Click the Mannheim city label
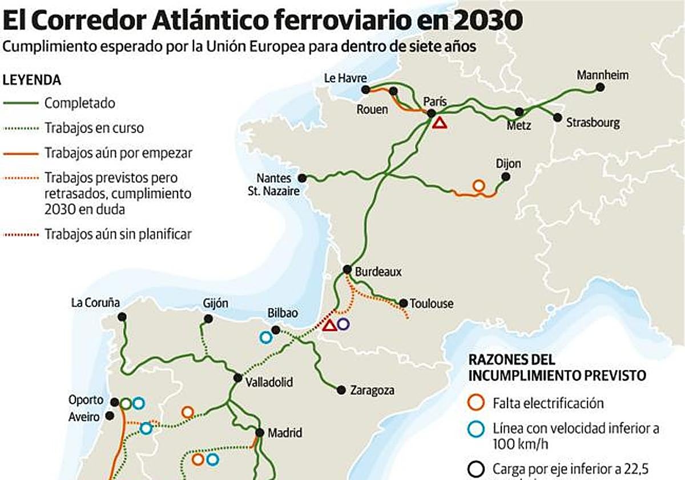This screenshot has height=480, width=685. tap(602, 75)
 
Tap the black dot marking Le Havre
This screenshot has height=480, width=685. tap(365, 90)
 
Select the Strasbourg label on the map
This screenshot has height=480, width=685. tap(593, 123)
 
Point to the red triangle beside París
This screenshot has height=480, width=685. tap(439, 122)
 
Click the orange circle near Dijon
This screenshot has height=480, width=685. tap(478, 186)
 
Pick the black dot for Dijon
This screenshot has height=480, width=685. tap(505, 176)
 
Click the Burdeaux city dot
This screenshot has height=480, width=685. tap(347, 269)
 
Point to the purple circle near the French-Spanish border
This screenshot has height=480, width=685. tap(342, 324)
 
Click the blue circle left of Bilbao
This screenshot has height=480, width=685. tap(265, 337)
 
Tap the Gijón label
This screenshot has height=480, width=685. tap(215, 304)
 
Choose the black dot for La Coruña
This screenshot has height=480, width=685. tap(122, 317)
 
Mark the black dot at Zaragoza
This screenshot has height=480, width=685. tap(341, 390)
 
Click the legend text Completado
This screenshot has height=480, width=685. tap(80, 103)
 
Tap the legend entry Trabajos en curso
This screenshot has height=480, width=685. tap(94, 128)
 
